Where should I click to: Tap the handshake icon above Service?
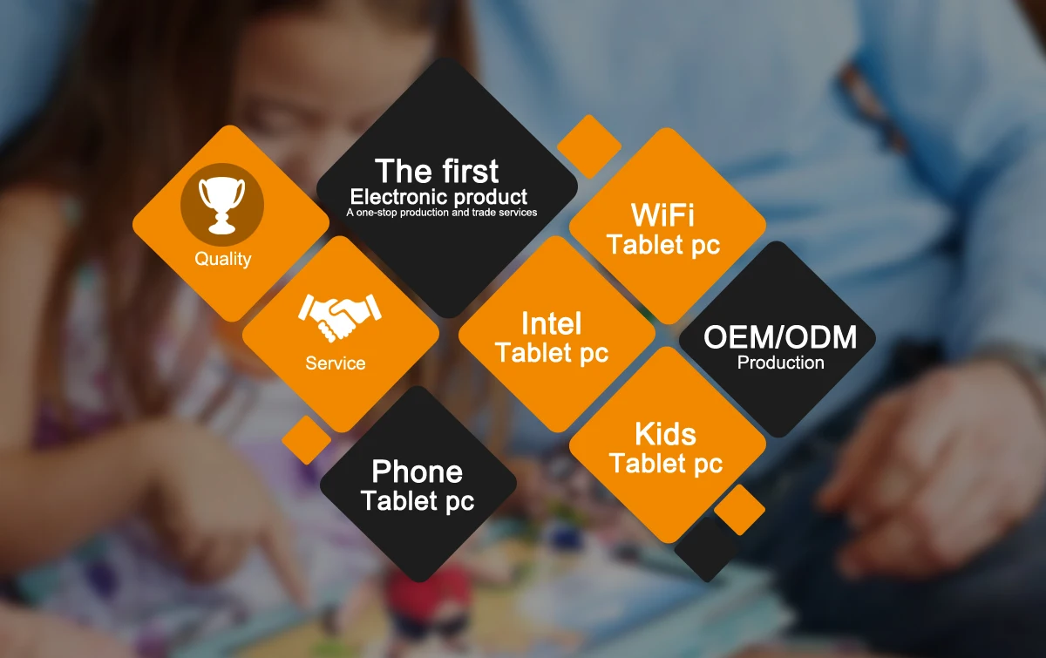[x=340, y=316]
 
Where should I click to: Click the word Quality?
[x=222, y=259]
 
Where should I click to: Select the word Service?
[x=336, y=363]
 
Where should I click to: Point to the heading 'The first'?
[x=437, y=171]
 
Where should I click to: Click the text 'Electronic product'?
[x=438, y=196]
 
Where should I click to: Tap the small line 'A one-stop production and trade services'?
[x=441, y=212]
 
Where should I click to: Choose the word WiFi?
[x=663, y=215]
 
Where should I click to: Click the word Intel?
[x=551, y=324]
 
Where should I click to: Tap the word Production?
[x=780, y=363]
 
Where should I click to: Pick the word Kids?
[x=665, y=434]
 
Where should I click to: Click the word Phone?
[x=417, y=472]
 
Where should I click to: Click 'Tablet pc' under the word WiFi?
[x=663, y=245]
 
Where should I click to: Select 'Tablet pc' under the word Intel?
[x=552, y=353]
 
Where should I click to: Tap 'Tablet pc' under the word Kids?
[x=666, y=464]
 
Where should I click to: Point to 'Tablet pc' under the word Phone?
[x=418, y=502]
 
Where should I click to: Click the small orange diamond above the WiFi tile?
[x=589, y=146]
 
